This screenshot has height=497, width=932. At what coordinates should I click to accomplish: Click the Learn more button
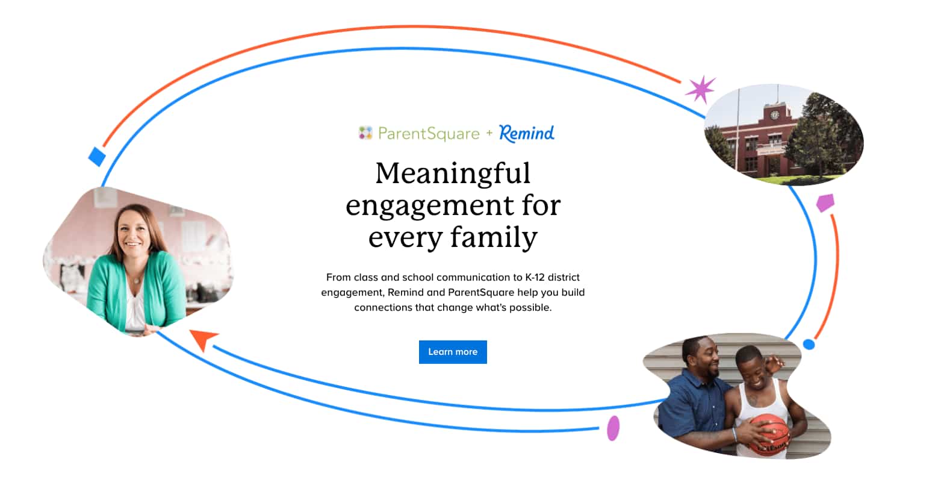pos(453,352)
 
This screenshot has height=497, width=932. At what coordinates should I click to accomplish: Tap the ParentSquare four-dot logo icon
pos(365,133)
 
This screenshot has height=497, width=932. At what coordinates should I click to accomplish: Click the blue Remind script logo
pos(526,134)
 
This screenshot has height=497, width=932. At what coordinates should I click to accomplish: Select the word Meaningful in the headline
pos(453,173)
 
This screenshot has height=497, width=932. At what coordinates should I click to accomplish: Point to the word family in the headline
pos(494,238)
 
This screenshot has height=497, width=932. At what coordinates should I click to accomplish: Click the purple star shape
pos(701,89)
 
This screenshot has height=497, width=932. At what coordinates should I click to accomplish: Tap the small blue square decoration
pos(98,157)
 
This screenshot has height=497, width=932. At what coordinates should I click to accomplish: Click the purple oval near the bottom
pos(614,428)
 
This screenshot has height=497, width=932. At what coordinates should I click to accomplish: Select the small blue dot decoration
pos(809,345)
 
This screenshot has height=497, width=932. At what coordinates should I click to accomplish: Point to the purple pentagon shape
pos(825,202)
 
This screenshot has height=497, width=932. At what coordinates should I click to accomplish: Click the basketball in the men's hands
pos(769,435)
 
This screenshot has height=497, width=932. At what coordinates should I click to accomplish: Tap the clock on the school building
pos(774,115)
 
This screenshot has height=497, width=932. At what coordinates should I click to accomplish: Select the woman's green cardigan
pos(137,289)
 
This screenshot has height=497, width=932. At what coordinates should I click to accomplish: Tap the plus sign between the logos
pos(489,133)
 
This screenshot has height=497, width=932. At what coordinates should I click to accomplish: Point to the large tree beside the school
pos(822,136)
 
